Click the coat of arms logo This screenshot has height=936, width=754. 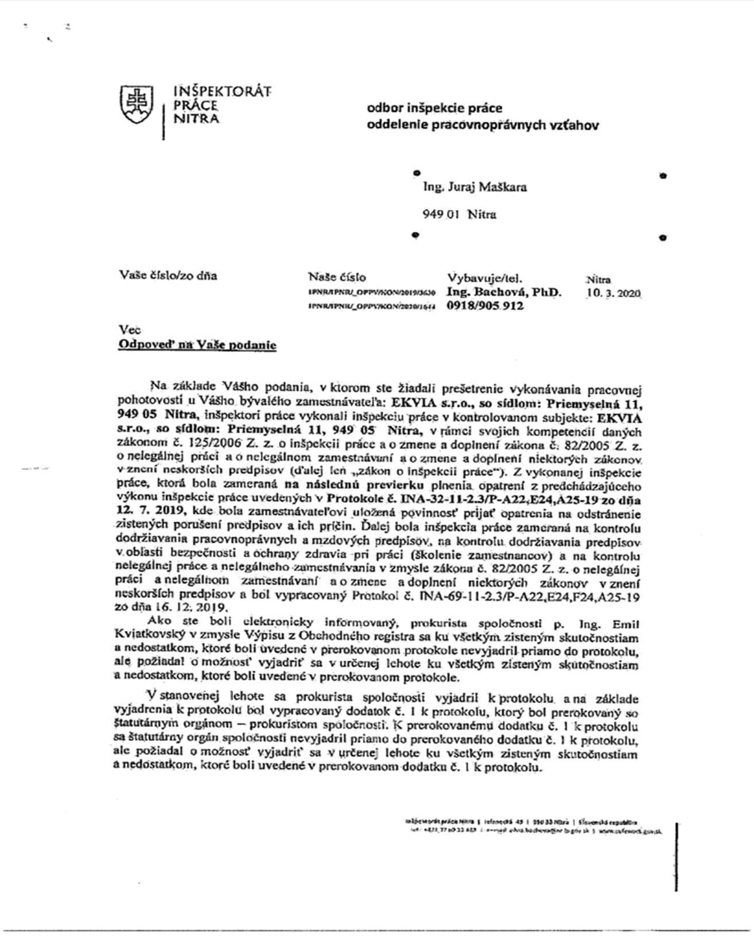click(137, 103)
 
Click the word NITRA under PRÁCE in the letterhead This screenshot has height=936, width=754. click(196, 119)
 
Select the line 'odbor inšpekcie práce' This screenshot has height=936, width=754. click(434, 108)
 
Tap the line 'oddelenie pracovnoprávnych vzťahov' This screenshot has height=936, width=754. click(483, 125)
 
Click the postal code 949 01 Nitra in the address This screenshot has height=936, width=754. click(459, 215)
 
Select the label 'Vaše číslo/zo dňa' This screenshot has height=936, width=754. click(168, 275)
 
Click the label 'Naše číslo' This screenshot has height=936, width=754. click(337, 277)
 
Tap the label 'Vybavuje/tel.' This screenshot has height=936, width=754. click(485, 279)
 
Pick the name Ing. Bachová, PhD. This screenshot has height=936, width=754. click(504, 292)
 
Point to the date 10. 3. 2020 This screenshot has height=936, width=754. click(613, 293)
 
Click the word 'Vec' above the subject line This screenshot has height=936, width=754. click(129, 330)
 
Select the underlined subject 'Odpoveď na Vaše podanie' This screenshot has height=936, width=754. click(197, 345)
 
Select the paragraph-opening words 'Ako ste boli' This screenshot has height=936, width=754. click(186, 622)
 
